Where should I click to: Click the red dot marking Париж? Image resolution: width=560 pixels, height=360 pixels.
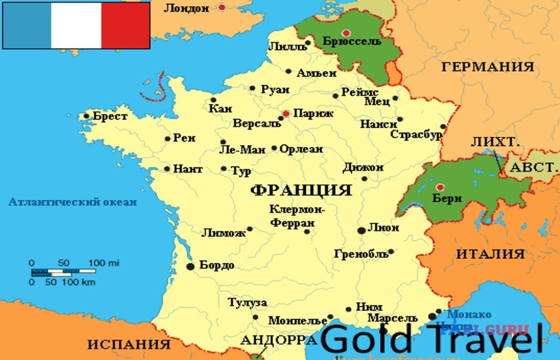pos(286,114)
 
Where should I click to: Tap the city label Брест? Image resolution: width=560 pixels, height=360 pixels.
pos(110,116)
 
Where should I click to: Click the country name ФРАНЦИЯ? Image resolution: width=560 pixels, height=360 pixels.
pos(301,190)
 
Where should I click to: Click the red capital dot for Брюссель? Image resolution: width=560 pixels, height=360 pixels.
pos(346,33)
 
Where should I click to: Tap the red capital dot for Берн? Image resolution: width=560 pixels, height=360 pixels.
pos(439,187)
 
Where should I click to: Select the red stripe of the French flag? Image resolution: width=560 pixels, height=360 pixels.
pos(126,25)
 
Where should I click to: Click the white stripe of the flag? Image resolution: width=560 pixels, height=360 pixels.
pos(76,25)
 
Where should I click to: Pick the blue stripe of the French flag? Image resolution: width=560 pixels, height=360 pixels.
pos(26,25)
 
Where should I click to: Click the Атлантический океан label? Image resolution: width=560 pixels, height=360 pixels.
pos(73,202)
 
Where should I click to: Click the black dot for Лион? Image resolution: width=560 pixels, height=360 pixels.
pos(361,230)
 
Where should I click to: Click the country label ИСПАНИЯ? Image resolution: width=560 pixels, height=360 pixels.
pos(128,343)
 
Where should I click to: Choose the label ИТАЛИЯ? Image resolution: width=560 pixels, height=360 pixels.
pos(490,254)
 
